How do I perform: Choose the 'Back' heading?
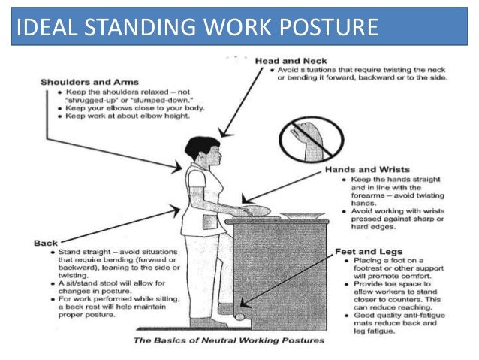(46, 243)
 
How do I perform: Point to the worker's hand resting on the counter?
(238, 205)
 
